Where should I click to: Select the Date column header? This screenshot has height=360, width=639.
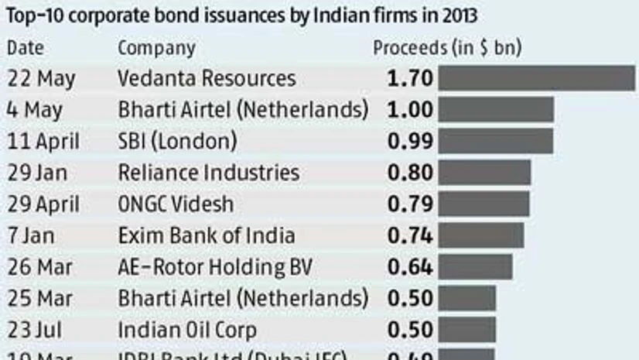click(x=26, y=48)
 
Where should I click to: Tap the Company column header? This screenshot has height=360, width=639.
click(x=156, y=48)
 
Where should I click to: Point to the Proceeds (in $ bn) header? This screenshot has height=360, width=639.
click(x=447, y=48)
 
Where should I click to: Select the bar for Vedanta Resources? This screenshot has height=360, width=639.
click(x=536, y=79)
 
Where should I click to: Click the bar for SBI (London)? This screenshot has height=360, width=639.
click(x=495, y=141)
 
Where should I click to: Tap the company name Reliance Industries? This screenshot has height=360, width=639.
click(x=208, y=173)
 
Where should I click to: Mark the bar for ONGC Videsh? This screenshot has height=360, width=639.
click(x=484, y=204)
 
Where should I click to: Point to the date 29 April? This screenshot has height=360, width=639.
click(x=43, y=204)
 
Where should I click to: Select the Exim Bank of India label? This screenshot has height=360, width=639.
click(x=207, y=235)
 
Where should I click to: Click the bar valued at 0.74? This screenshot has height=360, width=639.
click(x=480, y=235)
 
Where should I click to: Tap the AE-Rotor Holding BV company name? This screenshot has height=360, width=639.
click(x=215, y=267)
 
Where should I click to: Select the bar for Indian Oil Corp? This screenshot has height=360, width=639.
click(x=466, y=329)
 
